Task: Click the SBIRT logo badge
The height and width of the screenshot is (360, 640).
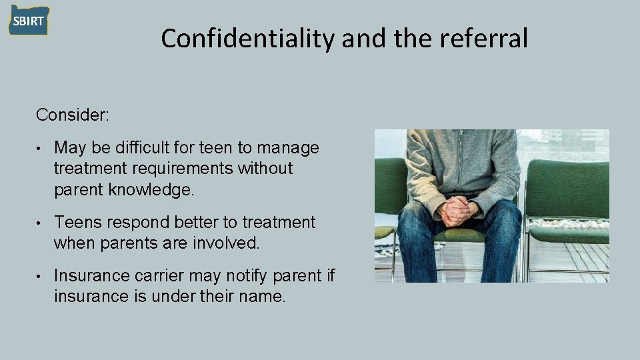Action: pyautogui.click(x=29, y=21)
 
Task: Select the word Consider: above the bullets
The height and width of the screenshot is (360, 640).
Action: pyautogui.click(x=73, y=115)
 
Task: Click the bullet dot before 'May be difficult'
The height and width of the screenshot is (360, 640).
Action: pyautogui.click(x=41, y=148)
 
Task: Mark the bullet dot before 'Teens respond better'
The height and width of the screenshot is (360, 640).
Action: pyautogui.click(x=41, y=223)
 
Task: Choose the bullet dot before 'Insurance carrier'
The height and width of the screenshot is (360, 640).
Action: pyautogui.click(x=41, y=276)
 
